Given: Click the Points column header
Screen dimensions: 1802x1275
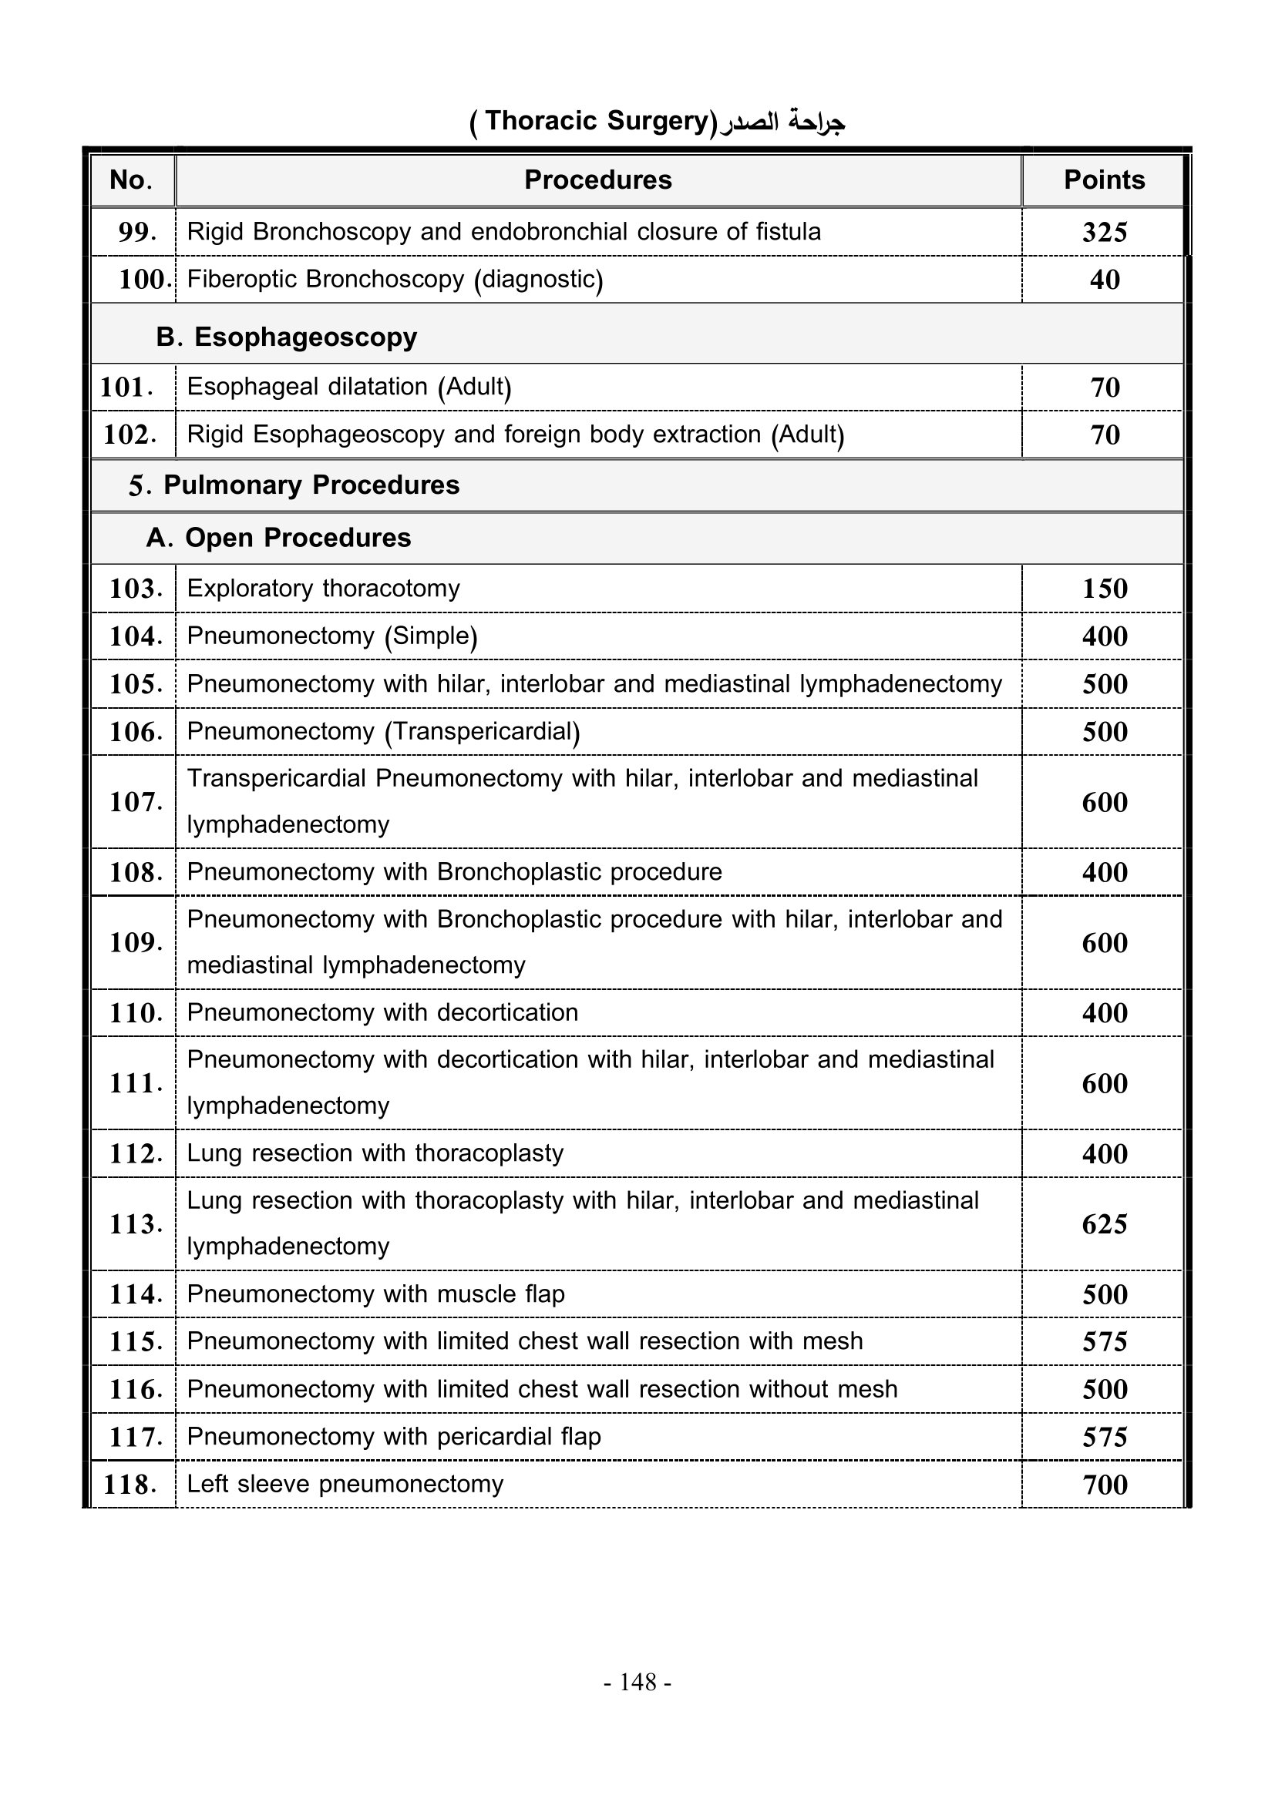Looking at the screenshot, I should [1103, 180].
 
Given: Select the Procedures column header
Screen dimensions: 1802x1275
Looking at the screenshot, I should [597, 180].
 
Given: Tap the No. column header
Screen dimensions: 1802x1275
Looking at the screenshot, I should [131, 180].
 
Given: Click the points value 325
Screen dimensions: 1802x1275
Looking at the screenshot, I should [1104, 233].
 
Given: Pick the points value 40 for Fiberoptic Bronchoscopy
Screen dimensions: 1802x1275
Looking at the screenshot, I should [1104, 280].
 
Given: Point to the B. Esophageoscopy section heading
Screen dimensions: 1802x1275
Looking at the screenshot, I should [287, 337].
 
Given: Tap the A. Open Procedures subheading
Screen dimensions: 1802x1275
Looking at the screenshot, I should [279, 538].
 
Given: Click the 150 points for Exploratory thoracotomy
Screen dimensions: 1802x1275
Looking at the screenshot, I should [1104, 589].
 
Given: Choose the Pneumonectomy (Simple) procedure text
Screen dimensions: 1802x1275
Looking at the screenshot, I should [332, 636].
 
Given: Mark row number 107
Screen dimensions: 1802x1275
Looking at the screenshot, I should [136, 802].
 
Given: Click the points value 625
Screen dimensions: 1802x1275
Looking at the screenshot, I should [1104, 1224].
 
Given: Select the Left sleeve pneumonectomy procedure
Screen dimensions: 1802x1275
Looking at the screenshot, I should [345, 1484].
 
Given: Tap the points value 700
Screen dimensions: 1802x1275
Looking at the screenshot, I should [1104, 1485].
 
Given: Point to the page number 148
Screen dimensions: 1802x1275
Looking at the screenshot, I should [637, 1682].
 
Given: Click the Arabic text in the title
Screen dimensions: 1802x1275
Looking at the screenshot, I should [782, 122].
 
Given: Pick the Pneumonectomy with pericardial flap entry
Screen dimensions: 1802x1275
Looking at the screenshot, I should [393, 1436].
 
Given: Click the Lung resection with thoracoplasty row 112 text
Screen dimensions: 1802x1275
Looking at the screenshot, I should [375, 1153].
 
